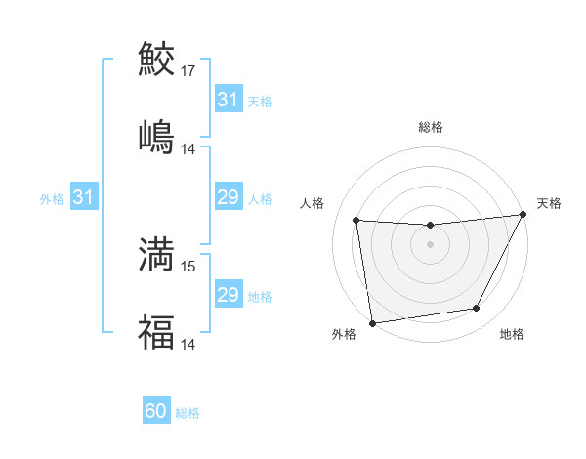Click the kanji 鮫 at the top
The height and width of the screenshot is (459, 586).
pos(156,59)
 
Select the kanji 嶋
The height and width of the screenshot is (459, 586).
pos(156,137)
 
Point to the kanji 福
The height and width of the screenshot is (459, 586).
pos(156,332)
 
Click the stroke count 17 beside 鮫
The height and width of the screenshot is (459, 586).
pos(188,70)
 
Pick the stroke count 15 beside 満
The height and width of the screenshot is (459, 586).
pos(188,266)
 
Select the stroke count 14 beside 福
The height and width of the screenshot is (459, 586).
pos(188,344)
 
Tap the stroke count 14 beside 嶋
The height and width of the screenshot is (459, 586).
pos(188,148)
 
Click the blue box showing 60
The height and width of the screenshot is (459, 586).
pos(156,412)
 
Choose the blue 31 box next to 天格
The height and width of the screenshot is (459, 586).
pos(228,100)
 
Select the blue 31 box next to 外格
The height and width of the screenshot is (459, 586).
pos(84,198)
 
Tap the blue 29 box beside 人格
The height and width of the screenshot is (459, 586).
pos(228,198)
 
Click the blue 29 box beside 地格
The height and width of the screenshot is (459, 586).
pos(228,295)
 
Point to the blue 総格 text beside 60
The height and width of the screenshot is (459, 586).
pos(188,413)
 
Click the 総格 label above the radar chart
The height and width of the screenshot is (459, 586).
pos(430,127)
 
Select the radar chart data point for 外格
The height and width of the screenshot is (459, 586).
pos(372,322)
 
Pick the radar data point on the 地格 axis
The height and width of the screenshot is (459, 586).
pos(477,309)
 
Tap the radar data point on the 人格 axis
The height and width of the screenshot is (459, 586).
pos(356,221)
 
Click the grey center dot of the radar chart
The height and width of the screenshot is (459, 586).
pos(430,244)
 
